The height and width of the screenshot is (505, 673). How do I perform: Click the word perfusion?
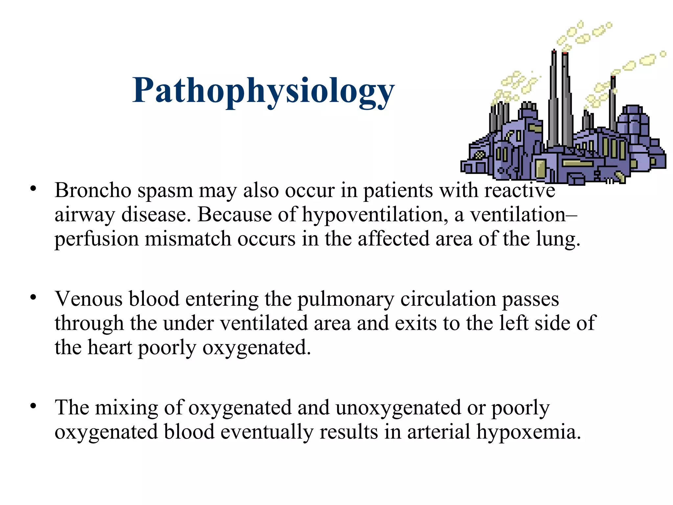click(x=97, y=239)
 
